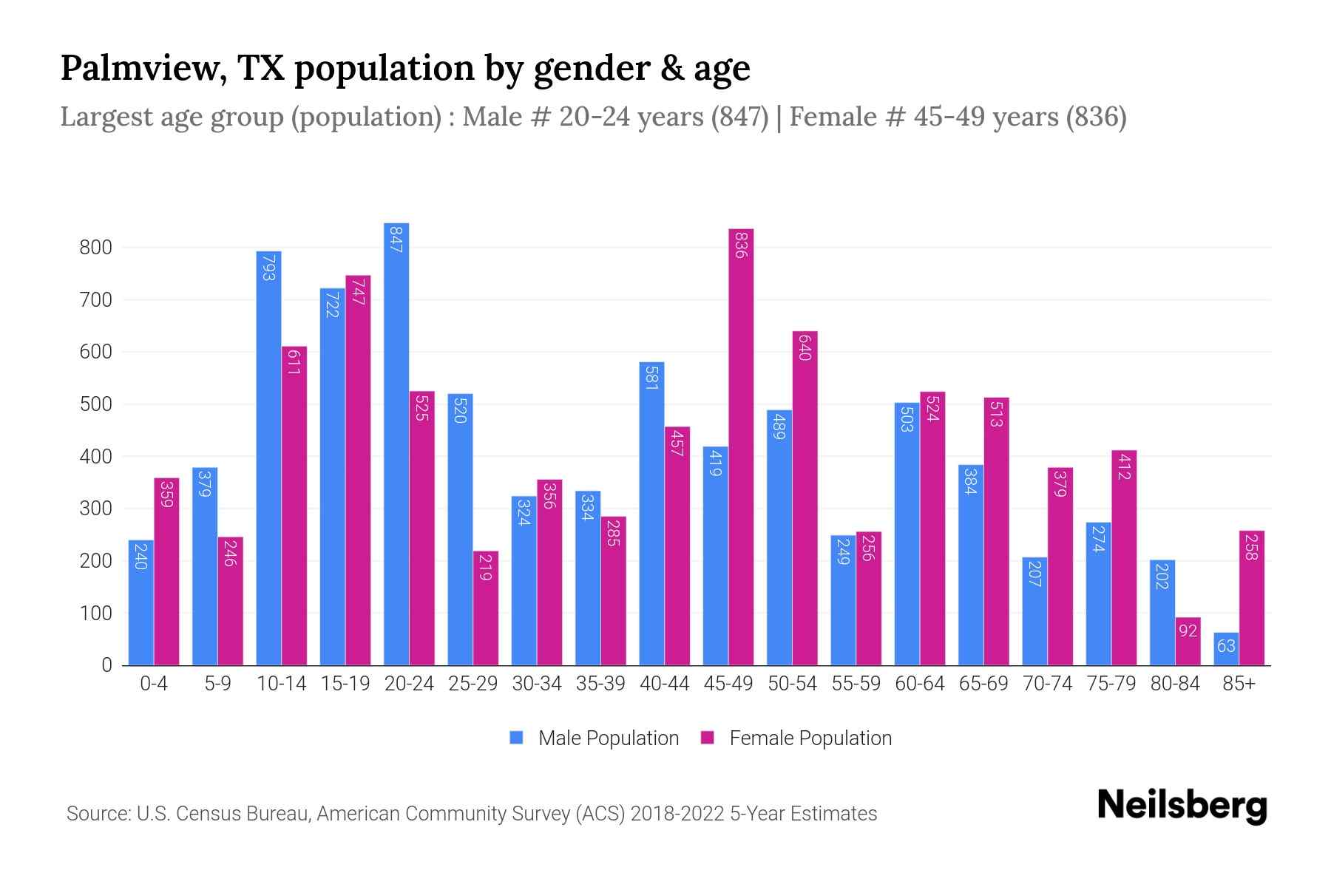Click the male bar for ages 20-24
(x=396, y=443)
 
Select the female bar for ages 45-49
(x=741, y=447)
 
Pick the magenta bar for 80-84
(x=1188, y=642)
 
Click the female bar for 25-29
(x=486, y=608)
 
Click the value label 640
(x=805, y=347)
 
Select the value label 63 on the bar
(x=1226, y=646)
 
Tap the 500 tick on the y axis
(x=95, y=404)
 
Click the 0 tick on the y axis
(x=106, y=665)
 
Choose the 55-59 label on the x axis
(x=856, y=684)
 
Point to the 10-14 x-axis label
(x=281, y=684)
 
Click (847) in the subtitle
(x=739, y=117)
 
